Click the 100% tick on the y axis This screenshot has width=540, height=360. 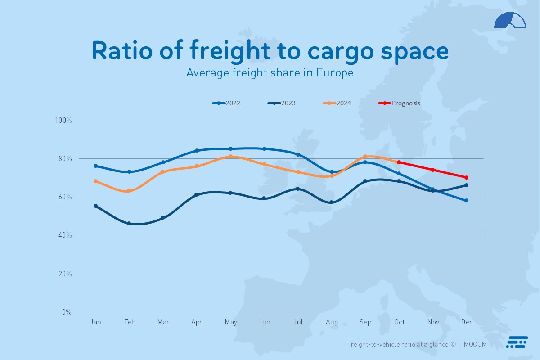63,120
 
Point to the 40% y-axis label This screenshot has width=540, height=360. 64,235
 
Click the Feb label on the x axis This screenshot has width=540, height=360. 130,322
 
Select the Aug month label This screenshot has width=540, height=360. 332,322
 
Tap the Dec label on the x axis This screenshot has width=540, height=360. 467,322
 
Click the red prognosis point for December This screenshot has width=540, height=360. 467,177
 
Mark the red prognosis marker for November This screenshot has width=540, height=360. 432,170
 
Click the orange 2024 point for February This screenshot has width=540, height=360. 129,191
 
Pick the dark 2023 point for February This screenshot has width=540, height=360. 129,223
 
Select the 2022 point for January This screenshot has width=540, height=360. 95,166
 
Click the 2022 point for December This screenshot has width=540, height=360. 467,201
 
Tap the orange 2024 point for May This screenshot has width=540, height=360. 230,157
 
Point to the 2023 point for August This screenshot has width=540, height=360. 332,202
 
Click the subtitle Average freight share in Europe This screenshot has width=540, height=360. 270,72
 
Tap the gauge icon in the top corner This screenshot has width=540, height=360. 510,21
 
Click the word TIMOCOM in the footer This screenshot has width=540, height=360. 472,344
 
